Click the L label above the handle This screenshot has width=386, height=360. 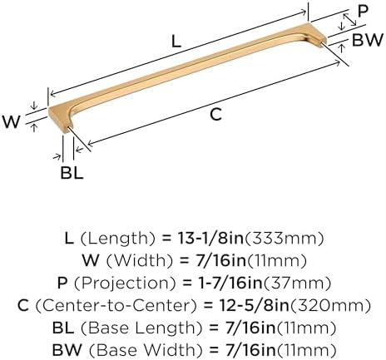pos(176,42)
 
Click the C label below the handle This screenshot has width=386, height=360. pos(216,114)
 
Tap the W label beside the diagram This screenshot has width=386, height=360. pos(12,121)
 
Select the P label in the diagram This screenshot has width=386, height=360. pos(363,12)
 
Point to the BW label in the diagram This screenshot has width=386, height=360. pos(368,40)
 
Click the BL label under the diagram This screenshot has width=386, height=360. pos(72,173)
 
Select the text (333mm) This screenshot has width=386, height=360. pos(284,239)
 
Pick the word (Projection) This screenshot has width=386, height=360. pos(125,283)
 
